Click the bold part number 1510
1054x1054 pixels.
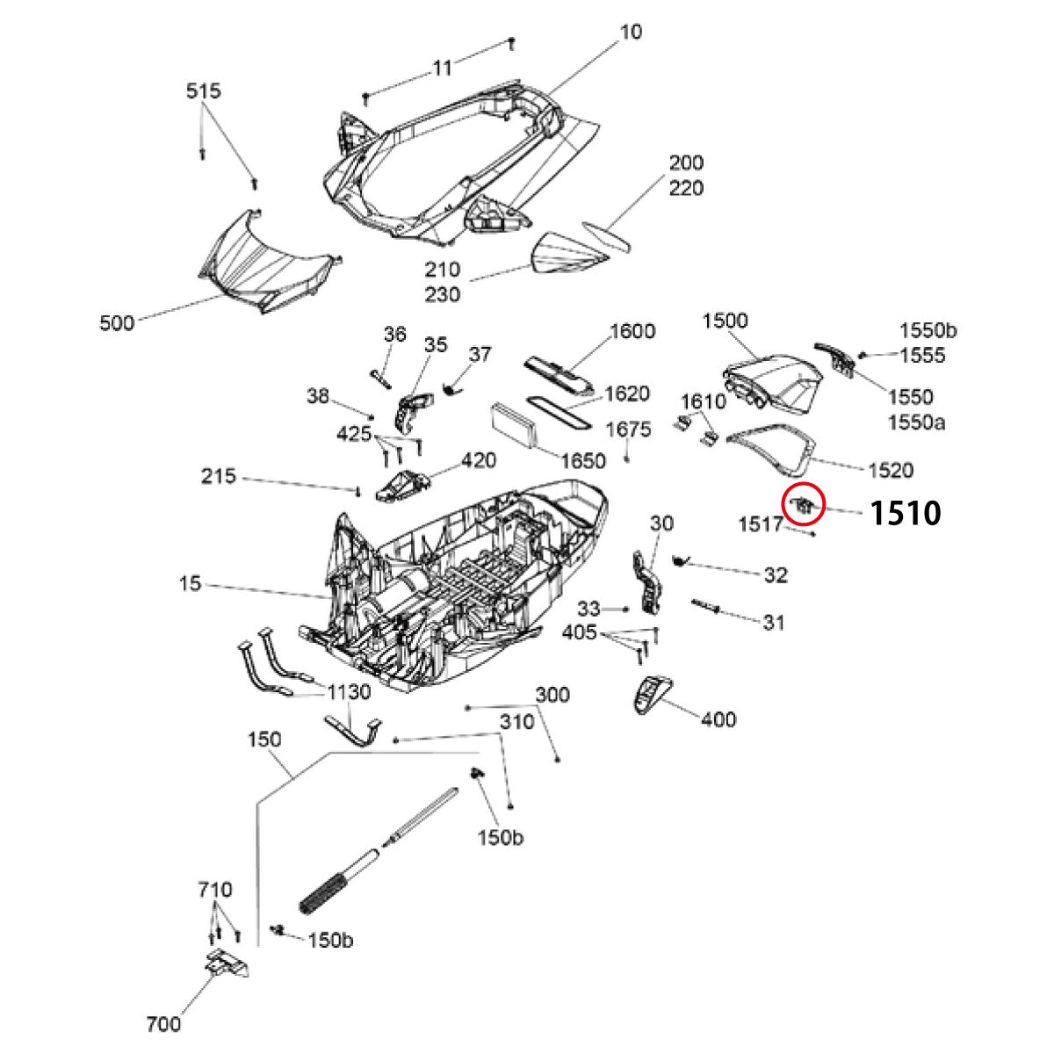pos(905,513)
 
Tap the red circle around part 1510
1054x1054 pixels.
pos(803,503)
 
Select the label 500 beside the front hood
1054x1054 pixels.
pos(117,323)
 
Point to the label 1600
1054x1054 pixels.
pos(632,331)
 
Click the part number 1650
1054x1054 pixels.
pos(583,461)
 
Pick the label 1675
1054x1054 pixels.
pos(629,430)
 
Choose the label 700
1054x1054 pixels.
pos(164,1024)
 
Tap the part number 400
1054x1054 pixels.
pos(718,719)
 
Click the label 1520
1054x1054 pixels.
pos(891,471)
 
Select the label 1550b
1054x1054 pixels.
pos(928,331)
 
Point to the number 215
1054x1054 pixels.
pos(219,476)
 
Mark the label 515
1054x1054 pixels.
pos(203,91)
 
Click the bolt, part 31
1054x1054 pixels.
pos(706,606)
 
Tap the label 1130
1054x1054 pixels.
pos(348,693)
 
